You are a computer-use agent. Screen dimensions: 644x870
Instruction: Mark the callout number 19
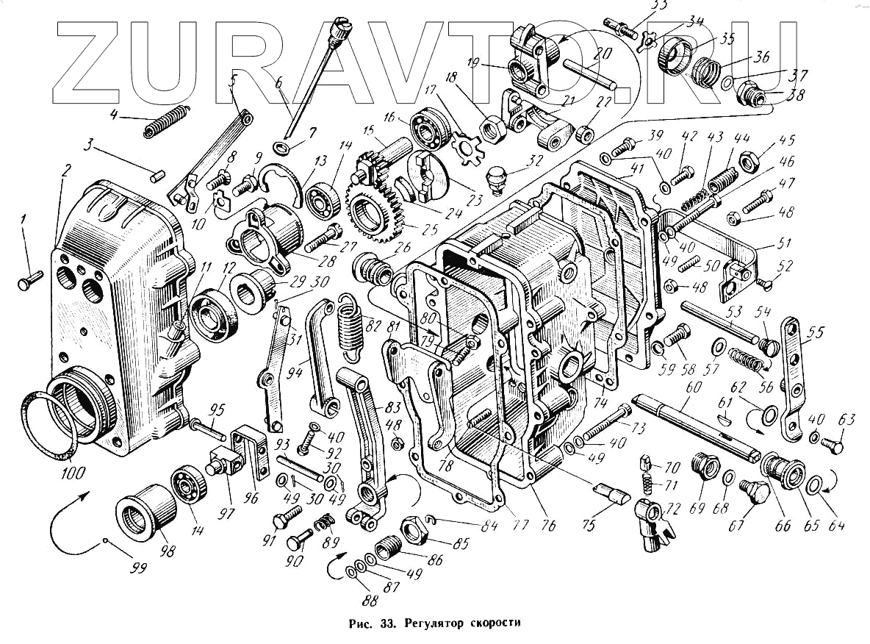coord(474,63)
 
